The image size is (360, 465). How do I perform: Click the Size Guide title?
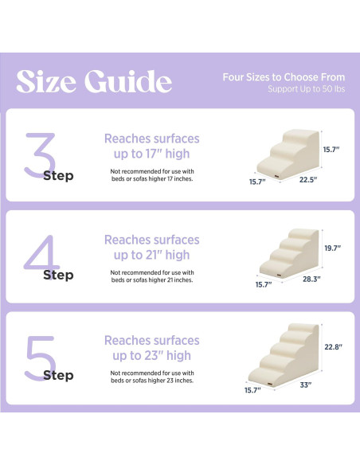click(x=94, y=81)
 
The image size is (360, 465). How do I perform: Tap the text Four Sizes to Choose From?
click(x=284, y=77)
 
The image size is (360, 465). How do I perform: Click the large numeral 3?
click(x=38, y=154)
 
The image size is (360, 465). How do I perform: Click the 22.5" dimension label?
click(x=308, y=180)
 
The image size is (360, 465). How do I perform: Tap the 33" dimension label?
click(x=305, y=385)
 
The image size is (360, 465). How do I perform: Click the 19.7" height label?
click(x=332, y=248)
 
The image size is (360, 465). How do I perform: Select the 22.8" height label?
click(x=332, y=346)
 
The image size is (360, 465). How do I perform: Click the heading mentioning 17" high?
click(x=151, y=146)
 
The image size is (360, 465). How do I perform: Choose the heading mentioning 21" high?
click(x=151, y=247)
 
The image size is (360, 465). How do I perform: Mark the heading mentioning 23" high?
click(x=151, y=348)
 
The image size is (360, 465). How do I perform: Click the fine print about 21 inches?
click(x=151, y=275)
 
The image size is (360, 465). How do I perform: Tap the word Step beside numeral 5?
click(x=58, y=375)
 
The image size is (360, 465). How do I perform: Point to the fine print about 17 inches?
click(x=151, y=175)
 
